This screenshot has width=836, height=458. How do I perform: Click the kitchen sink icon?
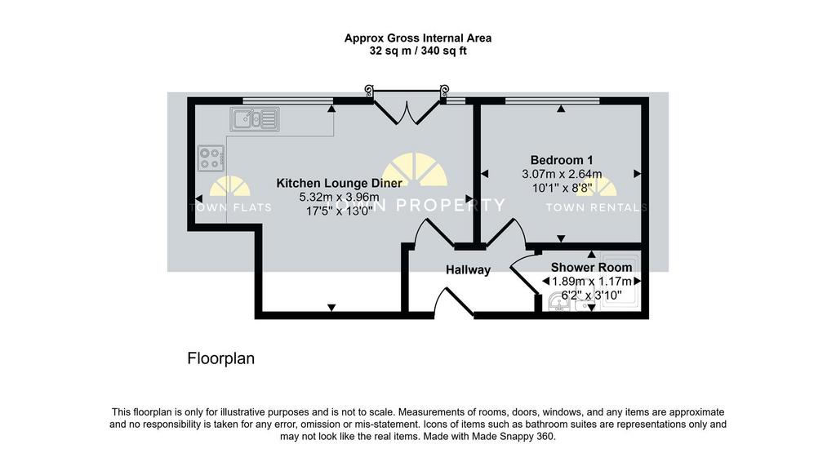(x=255, y=119)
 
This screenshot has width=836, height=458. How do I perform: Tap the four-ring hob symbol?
(x=211, y=158)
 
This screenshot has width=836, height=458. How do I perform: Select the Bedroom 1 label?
(x=562, y=160)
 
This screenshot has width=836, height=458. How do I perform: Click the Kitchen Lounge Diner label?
(x=339, y=183)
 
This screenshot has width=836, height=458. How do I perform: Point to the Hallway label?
(x=468, y=269)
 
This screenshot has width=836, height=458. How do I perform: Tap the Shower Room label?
(x=591, y=267)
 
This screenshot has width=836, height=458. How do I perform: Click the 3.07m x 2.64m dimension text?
(x=562, y=174)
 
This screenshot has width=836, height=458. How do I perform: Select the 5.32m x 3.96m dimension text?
(x=339, y=198)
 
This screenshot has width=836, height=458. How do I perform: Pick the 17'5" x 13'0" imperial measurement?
(x=339, y=211)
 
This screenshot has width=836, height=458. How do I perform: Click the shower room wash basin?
(x=558, y=302)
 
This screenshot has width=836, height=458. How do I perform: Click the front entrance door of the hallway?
(x=454, y=302)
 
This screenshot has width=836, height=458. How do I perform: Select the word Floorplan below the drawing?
(x=220, y=358)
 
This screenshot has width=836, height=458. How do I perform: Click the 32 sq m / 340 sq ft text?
(x=418, y=51)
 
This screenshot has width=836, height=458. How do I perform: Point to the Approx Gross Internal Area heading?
(x=418, y=38)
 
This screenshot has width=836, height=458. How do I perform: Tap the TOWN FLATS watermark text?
(x=230, y=207)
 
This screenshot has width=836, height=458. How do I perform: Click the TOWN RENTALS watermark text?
(x=596, y=207)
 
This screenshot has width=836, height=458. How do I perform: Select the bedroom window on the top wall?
(x=553, y=100)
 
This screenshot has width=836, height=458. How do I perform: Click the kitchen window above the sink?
(x=288, y=100)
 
